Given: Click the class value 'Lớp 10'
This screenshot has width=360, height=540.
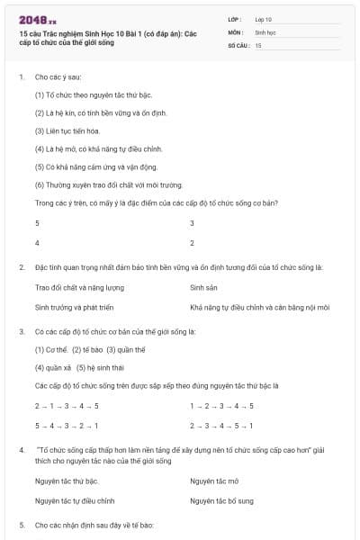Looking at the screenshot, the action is tap(263, 18).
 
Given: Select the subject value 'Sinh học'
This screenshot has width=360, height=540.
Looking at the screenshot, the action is tap(264, 31).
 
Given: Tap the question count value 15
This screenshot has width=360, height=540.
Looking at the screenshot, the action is tap(258, 44).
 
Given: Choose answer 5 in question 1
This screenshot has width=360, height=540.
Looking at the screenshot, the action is tap(37, 222).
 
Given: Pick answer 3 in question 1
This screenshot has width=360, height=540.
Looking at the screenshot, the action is tap(192, 222).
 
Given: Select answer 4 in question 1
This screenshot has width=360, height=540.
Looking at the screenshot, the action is tap(37, 243).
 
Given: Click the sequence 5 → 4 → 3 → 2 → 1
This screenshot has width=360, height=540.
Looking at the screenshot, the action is tap(67, 425).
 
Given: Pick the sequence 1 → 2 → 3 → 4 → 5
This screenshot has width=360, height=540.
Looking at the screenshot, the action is tap(221, 405).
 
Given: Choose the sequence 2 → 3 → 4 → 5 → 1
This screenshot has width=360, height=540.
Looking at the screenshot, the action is tap(221, 425).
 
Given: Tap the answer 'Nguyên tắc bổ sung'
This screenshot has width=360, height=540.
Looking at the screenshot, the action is tap(221, 500).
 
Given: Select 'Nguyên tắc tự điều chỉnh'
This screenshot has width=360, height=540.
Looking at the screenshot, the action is tap(75, 500).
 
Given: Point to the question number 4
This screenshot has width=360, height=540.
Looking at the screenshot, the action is tap(21, 447).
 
